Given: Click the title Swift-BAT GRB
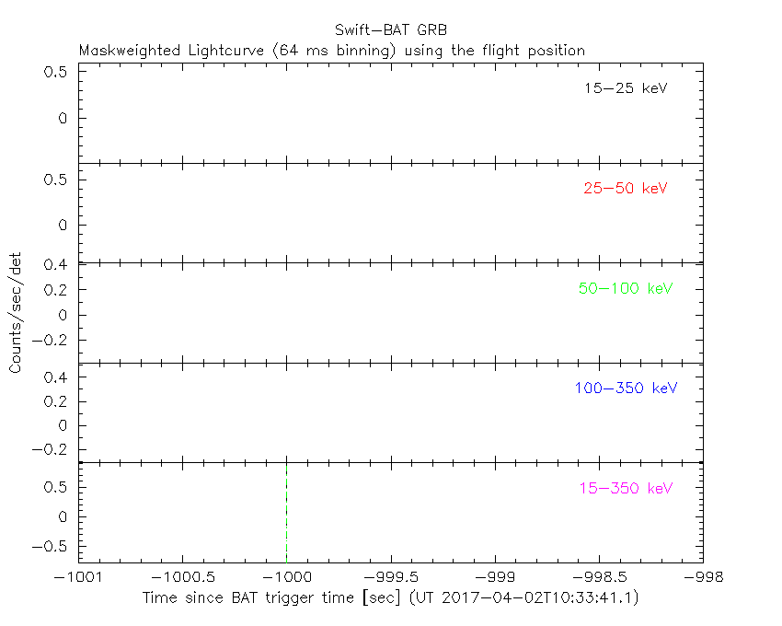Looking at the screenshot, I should [390, 29].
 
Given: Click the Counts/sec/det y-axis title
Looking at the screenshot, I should [16, 313].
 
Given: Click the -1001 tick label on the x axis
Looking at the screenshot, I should [78, 577].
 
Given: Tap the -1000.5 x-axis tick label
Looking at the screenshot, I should [182, 577].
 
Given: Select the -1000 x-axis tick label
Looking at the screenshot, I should [286, 577].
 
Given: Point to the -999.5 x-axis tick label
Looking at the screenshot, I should [391, 577].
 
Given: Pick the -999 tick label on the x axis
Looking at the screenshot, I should [495, 577].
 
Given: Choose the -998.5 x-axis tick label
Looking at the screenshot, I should [599, 577].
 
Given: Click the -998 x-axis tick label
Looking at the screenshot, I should [703, 577].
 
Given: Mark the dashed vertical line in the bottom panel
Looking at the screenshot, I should [286, 511].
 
